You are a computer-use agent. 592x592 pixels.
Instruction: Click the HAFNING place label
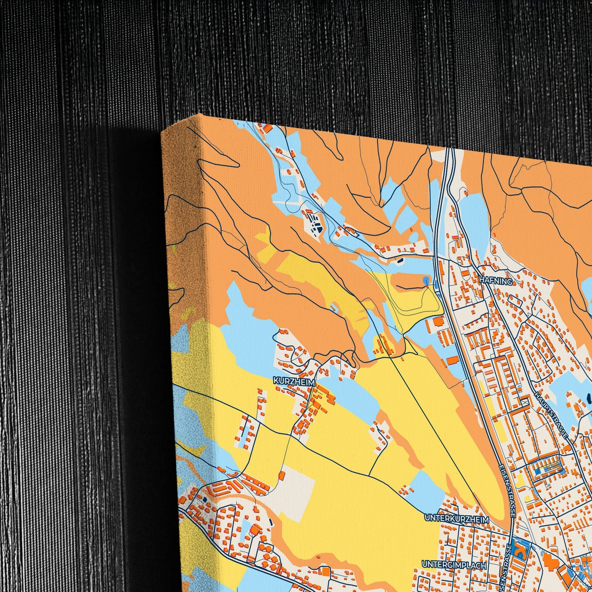[x=495, y=281]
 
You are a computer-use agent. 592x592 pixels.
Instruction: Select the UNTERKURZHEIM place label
[x=457, y=519]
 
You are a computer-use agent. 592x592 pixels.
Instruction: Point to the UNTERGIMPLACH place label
[x=454, y=565]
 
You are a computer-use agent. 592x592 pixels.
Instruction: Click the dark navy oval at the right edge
[x=589, y=398]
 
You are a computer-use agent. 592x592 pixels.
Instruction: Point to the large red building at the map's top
[x=267, y=128]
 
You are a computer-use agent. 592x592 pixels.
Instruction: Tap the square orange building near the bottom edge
[x=326, y=571]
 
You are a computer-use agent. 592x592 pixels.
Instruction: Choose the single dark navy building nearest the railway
[x=400, y=260]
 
